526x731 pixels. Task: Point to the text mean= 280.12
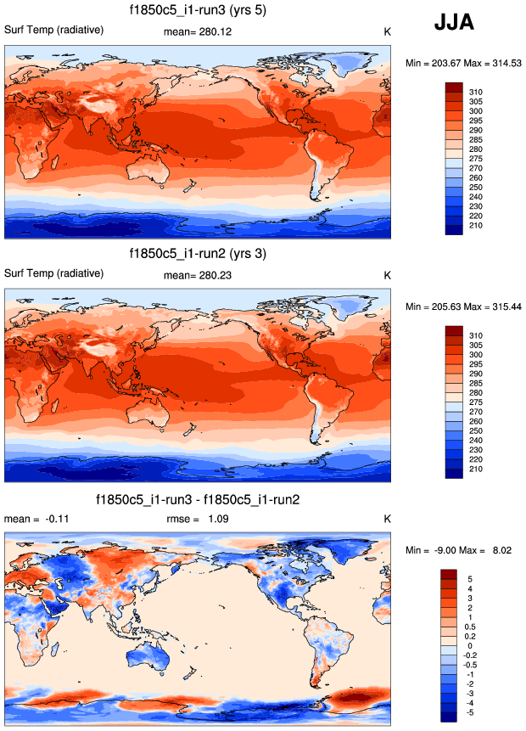pos(198,31)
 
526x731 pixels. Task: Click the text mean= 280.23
pos(198,274)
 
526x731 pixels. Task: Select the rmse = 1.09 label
pos(197,519)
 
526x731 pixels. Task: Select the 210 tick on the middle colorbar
pos(476,469)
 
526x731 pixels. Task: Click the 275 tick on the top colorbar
pos(476,158)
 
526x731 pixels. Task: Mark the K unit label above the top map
pos(387,32)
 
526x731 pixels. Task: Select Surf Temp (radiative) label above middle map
pos(54,273)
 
